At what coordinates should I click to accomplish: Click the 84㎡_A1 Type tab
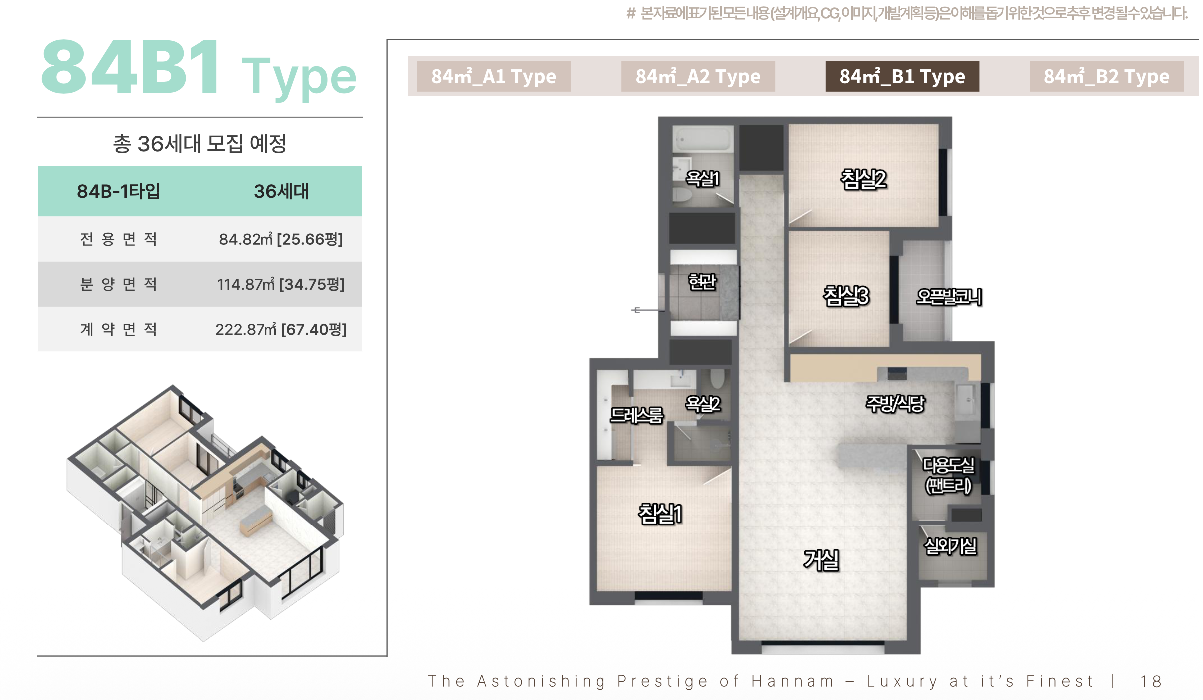(x=494, y=76)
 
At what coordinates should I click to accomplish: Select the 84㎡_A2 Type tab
(x=698, y=76)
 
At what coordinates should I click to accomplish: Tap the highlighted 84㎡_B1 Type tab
(x=902, y=76)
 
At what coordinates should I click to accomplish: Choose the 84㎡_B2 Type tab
(x=1106, y=76)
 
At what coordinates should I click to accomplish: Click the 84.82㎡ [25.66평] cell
(x=281, y=239)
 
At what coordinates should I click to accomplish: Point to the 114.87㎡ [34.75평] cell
(x=281, y=284)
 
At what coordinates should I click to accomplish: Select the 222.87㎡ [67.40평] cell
(x=281, y=329)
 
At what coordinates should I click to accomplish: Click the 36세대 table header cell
(x=281, y=191)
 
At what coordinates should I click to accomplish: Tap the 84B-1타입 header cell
(x=119, y=191)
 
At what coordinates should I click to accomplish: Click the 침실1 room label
(x=660, y=514)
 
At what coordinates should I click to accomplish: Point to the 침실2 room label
(x=864, y=179)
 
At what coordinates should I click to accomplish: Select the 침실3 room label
(x=846, y=296)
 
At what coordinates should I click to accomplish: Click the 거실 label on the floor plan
(x=821, y=560)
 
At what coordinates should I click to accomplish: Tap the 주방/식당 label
(x=895, y=404)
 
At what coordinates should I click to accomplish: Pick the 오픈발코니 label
(x=949, y=297)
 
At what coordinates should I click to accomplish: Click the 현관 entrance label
(x=702, y=282)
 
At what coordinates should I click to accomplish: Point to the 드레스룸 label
(x=637, y=415)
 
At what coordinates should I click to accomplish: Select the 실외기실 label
(x=951, y=546)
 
